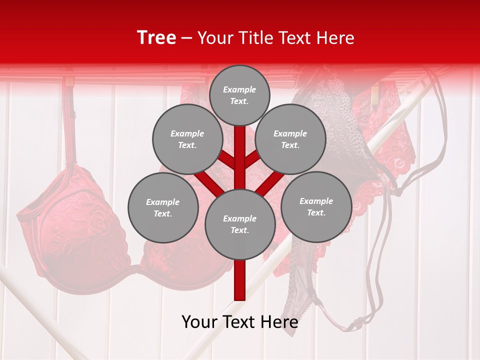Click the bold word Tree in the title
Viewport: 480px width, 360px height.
(x=156, y=37)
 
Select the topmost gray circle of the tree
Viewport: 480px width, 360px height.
(x=240, y=95)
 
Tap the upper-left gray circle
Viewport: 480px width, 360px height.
(x=187, y=139)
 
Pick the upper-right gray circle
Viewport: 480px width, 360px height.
(x=290, y=139)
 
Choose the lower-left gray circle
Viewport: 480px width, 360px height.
(x=163, y=207)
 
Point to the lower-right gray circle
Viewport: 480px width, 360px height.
(x=316, y=206)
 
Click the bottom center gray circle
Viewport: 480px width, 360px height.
(x=240, y=224)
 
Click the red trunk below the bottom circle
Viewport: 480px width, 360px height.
(x=240, y=280)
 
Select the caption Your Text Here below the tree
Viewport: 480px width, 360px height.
(x=240, y=322)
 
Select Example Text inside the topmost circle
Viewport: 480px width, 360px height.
(x=239, y=95)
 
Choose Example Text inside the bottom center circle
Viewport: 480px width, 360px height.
(x=239, y=224)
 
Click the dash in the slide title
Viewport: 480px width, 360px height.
(x=187, y=38)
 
